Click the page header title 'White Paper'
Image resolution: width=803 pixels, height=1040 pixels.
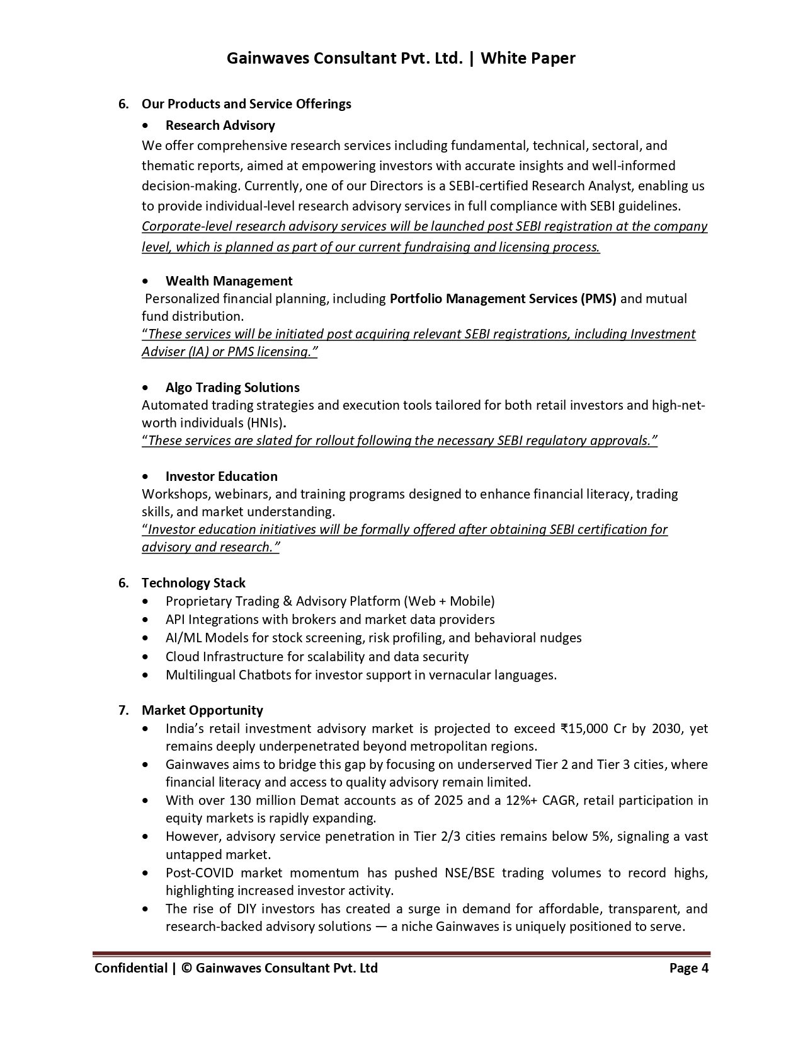pos(528,59)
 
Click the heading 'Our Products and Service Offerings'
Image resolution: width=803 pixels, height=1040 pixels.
pos(246,104)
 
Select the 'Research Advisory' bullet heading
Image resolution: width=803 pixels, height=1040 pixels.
pos(220,125)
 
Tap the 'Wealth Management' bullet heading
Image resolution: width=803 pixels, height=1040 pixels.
pos(229,281)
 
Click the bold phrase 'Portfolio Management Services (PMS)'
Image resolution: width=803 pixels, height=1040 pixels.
pos(503,299)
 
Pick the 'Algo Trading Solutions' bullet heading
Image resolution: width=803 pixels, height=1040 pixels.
pos(232,388)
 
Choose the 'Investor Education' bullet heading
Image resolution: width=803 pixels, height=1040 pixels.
pos(221,477)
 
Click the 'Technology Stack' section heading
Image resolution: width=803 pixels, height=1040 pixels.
pos(193,583)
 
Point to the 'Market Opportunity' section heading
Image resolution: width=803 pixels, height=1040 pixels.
pos(202,710)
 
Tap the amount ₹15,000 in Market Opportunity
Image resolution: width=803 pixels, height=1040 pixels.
pos(584,729)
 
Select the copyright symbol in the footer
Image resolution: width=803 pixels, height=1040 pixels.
pos(186,968)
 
